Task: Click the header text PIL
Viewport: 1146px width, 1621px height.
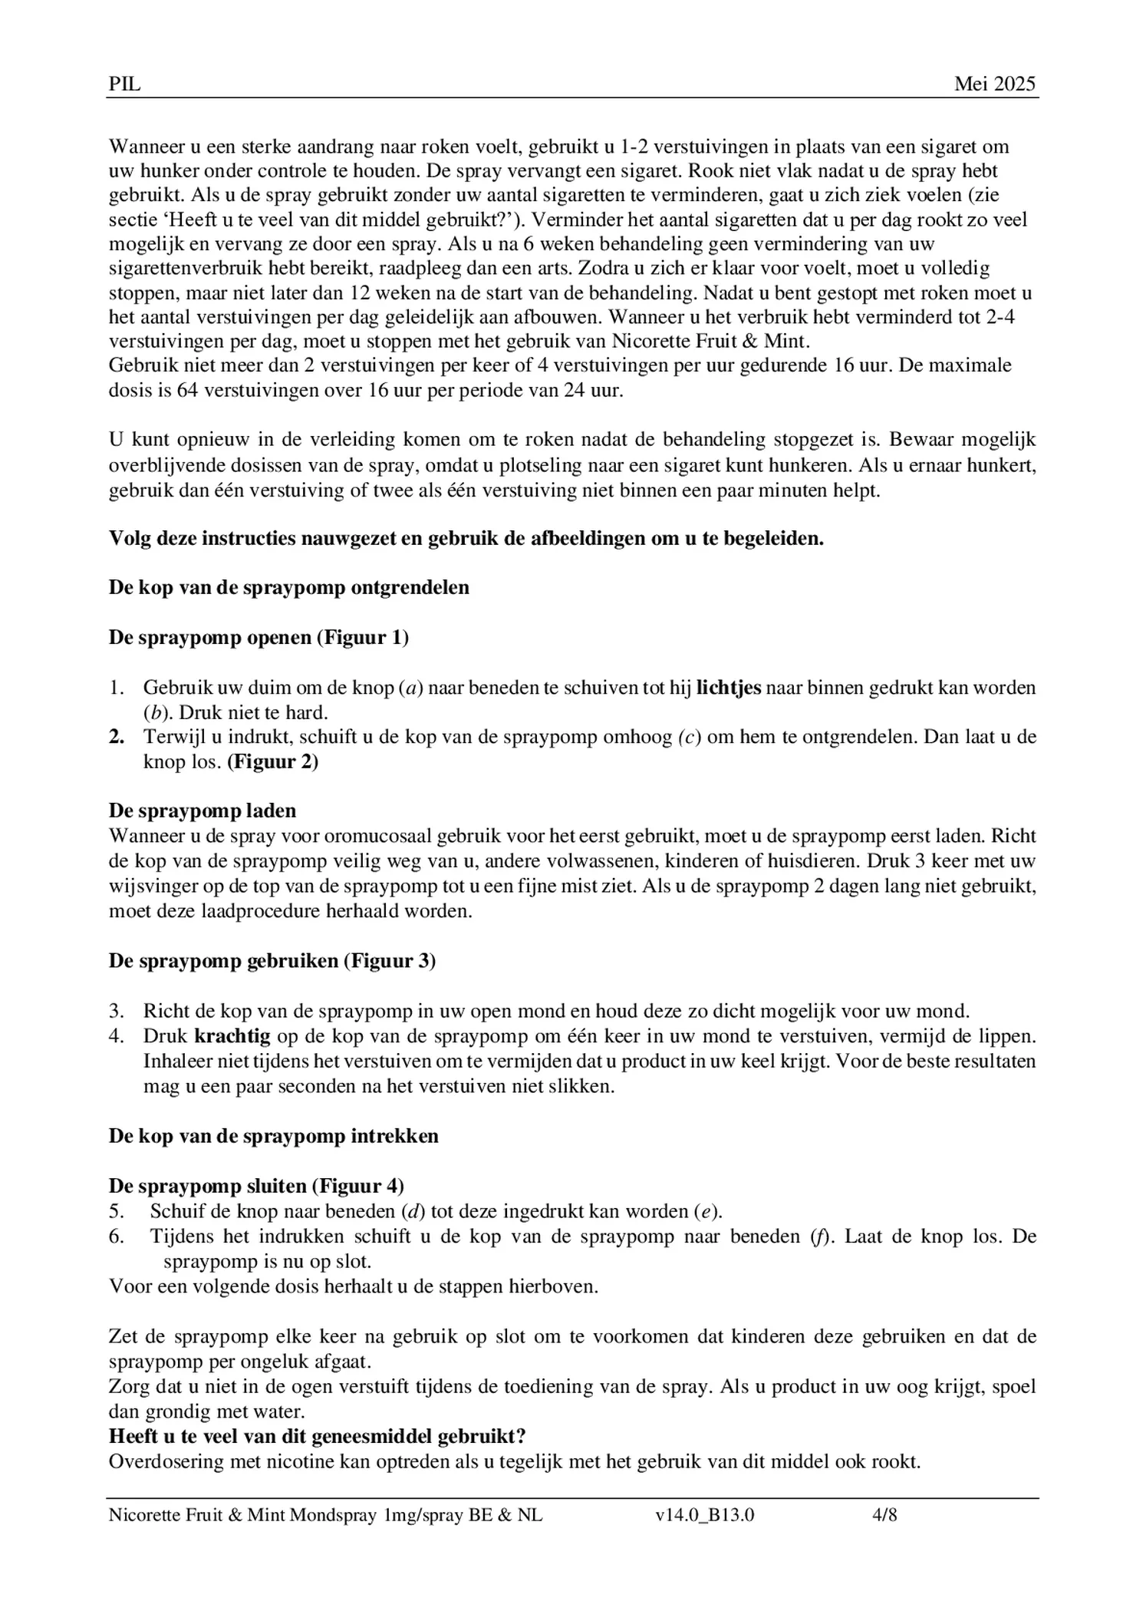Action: coord(124,84)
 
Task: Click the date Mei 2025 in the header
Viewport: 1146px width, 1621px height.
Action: coord(994,84)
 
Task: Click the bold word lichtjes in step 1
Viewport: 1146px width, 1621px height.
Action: coord(728,687)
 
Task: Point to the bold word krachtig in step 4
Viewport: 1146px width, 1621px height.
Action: coord(232,1036)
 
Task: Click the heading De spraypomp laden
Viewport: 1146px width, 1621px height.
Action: coord(203,810)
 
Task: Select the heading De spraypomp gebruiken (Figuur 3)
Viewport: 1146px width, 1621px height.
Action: coord(272,961)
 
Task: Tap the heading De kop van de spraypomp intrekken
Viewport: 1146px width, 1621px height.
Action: coord(274,1136)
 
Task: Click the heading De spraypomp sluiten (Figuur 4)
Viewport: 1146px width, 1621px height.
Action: coord(256,1186)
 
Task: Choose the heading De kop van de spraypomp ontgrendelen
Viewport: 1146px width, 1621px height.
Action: coord(289,588)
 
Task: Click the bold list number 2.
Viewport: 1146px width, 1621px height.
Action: coord(117,737)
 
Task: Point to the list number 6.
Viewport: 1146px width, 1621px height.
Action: coord(116,1236)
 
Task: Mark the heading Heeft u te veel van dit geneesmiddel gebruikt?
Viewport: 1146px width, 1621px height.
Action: coord(317,1436)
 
